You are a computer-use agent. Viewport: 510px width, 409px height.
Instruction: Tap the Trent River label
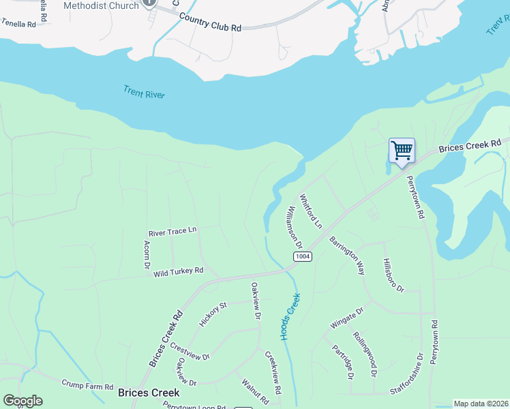144,92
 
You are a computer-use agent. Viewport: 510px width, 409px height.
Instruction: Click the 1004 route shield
303,256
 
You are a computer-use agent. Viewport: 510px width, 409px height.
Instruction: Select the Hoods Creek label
290,317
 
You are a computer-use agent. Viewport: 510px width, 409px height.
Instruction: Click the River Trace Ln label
172,231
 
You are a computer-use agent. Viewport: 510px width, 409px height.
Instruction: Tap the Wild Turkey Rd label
179,272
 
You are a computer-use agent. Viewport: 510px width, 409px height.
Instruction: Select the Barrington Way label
347,256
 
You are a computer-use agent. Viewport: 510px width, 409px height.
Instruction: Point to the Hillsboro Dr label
393,276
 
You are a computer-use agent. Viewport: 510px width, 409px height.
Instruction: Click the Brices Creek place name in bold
149,393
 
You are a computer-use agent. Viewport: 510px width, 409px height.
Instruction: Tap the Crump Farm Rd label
87,386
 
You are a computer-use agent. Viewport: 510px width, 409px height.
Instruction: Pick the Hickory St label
212,314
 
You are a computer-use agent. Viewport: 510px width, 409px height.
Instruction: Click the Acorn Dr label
146,254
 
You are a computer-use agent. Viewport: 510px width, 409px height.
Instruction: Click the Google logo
22,401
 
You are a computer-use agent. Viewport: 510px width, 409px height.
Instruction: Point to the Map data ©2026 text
481,404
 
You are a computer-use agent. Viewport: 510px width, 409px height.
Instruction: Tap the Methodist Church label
101,5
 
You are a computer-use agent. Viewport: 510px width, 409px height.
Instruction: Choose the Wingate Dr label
347,318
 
